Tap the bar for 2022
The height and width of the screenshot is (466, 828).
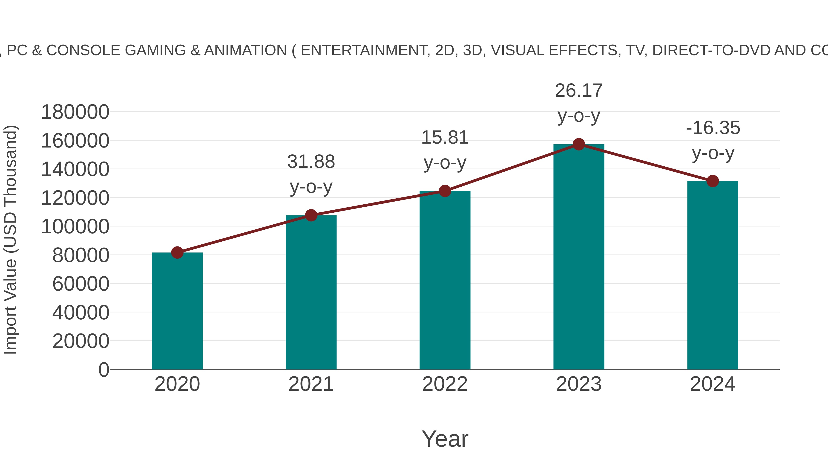tap(445, 280)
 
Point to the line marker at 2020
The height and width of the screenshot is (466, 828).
tap(177, 252)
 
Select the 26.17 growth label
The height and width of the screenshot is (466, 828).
tap(579, 91)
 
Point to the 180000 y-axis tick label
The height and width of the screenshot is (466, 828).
tap(75, 112)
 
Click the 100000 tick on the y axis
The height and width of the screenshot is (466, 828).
tap(75, 227)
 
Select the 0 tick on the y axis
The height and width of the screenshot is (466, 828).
tap(103, 370)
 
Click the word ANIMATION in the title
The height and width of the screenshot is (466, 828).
tap(245, 50)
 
